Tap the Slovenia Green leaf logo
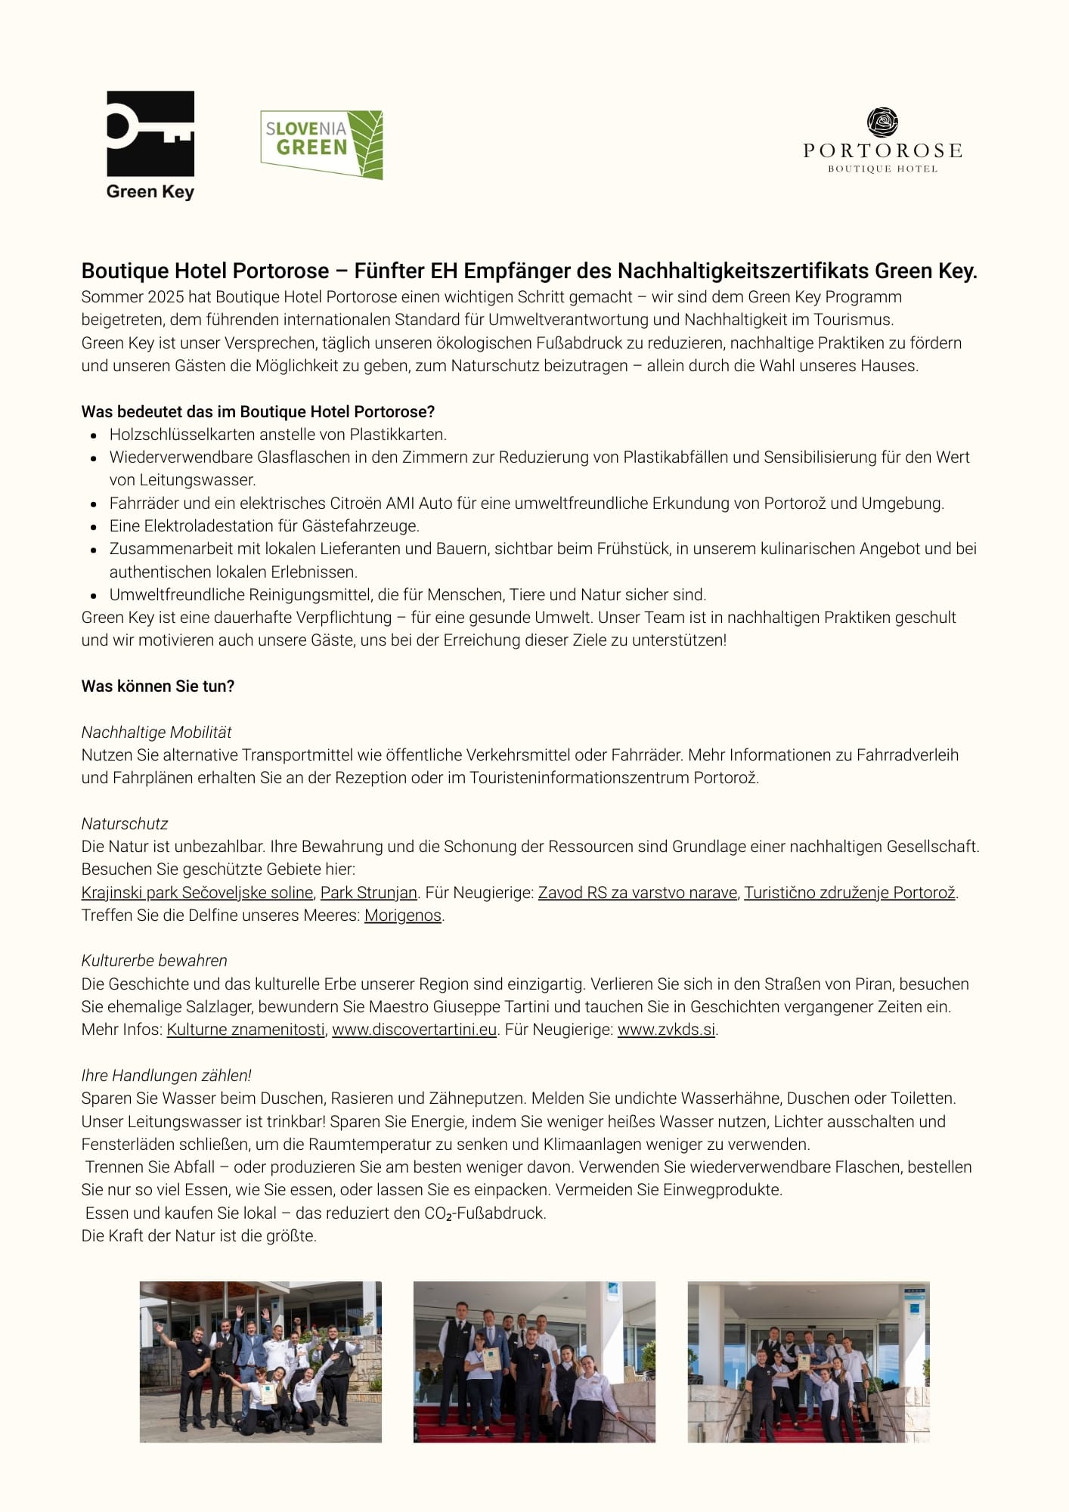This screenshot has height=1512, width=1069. [321, 144]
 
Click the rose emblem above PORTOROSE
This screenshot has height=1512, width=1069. [882, 122]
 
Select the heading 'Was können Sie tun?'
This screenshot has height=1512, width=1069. [158, 686]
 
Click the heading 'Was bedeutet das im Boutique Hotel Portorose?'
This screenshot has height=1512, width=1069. [258, 412]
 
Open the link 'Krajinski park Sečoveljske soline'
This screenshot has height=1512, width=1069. [197, 893]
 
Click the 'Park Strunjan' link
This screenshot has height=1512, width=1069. [369, 893]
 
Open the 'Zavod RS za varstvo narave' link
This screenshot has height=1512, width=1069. [637, 893]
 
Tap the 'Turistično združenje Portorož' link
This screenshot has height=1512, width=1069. [850, 893]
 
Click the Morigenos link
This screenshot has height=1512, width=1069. [403, 916]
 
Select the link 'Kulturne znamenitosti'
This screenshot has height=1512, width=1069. [246, 1030]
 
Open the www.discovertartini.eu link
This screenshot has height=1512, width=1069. [414, 1030]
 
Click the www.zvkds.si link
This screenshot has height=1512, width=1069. [666, 1030]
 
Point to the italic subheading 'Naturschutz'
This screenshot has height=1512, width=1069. [125, 824]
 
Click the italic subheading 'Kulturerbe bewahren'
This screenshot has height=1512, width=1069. [154, 961]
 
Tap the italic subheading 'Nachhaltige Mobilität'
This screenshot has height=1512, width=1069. [156, 733]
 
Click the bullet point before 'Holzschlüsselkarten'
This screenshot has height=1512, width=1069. [94, 435]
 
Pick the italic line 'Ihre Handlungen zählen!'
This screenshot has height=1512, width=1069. [166, 1076]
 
